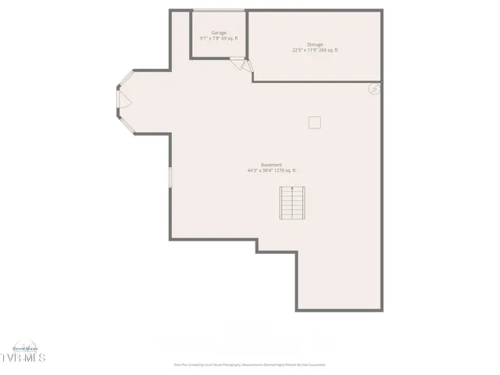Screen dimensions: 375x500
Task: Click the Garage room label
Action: click(219, 32)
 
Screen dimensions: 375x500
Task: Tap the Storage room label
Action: click(315, 45)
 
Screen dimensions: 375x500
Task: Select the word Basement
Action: click(272, 165)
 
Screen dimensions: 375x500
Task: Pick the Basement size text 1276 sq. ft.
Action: click(284, 170)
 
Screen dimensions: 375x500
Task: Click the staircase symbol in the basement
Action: click(292, 205)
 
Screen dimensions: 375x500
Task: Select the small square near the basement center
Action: click(314, 122)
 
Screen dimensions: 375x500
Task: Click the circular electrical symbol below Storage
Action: click(375, 89)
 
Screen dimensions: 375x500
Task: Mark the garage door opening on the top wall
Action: click(220, 10)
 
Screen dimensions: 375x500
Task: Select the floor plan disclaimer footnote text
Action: click(249, 364)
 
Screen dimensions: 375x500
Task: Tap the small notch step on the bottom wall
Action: click(276, 252)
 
